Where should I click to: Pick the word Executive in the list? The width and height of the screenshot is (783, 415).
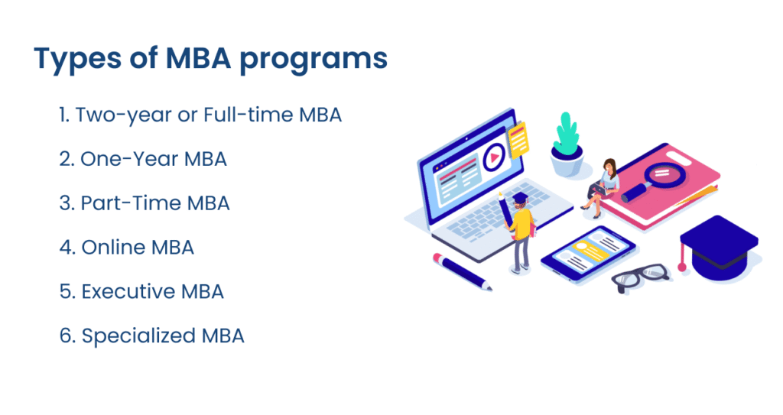(128, 292)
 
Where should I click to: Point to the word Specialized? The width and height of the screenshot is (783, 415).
(138, 336)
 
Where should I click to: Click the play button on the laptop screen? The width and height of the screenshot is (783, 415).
(494, 157)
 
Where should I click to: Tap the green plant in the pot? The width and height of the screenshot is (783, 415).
(567, 134)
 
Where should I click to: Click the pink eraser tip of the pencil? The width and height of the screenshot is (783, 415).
(438, 258)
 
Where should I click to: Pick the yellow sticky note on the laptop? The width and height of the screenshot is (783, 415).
(518, 139)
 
